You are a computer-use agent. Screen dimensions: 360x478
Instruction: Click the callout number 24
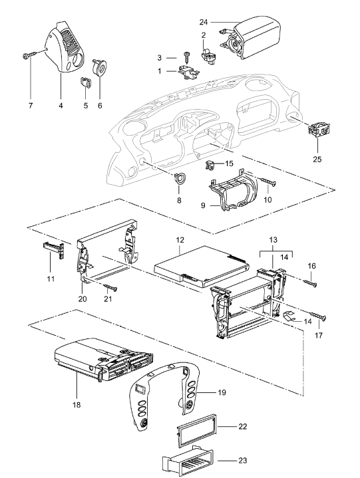click(204, 22)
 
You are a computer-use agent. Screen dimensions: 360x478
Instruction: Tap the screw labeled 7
click(29, 55)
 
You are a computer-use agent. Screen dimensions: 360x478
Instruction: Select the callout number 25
click(317, 159)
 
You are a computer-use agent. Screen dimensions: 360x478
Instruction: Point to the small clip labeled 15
click(209, 166)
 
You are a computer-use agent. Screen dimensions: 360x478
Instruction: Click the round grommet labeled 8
click(179, 177)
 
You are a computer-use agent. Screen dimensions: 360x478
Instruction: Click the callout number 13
click(273, 240)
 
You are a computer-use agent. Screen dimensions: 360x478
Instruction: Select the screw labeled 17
click(317, 316)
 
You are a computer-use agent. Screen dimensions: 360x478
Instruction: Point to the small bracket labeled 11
click(54, 250)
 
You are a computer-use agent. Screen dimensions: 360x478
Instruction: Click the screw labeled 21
click(110, 287)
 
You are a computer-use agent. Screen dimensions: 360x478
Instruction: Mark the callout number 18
click(77, 405)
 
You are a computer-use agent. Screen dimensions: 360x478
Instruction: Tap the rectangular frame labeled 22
click(196, 427)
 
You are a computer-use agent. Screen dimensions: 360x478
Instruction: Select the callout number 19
click(222, 392)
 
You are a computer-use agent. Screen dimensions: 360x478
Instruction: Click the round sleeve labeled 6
click(99, 68)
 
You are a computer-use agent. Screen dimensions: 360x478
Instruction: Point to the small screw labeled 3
click(186, 57)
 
